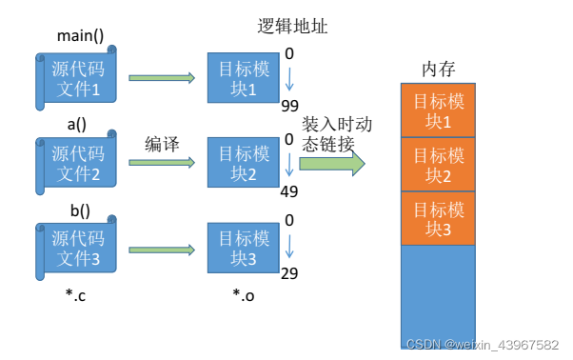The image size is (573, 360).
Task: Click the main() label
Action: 80,36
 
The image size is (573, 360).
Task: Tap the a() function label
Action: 77,124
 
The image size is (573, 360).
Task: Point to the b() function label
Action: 80,210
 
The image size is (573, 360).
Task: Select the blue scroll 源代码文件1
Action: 76,78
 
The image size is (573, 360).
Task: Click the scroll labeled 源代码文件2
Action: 76,163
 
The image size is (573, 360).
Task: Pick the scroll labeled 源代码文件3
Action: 76,249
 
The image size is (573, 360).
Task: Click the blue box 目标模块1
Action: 244,78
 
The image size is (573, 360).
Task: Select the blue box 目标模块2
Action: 244,163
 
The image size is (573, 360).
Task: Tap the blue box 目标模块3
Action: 244,249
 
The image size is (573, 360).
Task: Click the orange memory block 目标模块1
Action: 438,110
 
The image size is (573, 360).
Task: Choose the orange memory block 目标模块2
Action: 438,165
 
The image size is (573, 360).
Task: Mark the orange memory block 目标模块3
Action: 438,218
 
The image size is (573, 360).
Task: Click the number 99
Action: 289,106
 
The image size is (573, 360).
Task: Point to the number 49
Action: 289,191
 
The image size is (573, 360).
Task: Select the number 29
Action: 289,273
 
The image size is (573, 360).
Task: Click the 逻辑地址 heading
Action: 292,27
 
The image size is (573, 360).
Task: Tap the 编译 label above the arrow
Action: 162,144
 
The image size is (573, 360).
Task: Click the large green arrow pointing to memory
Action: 332,164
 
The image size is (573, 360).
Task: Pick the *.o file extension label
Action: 244,294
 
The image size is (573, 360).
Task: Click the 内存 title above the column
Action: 439,70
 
